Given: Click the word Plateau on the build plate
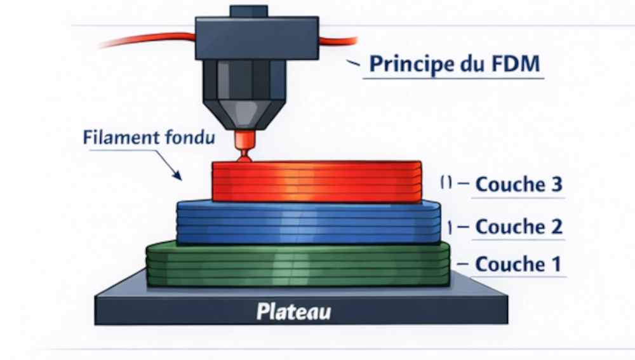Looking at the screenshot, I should (x=293, y=312).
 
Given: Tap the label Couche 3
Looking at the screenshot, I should (x=518, y=184).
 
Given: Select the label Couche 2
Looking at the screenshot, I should (x=518, y=226).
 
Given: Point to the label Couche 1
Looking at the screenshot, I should (x=518, y=264).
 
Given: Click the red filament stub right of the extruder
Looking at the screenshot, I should (x=337, y=42).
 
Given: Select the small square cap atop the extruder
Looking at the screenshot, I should (x=248, y=11).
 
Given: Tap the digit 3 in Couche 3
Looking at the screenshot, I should (x=554, y=184).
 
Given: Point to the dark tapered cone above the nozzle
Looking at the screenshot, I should (x=242, y=111).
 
